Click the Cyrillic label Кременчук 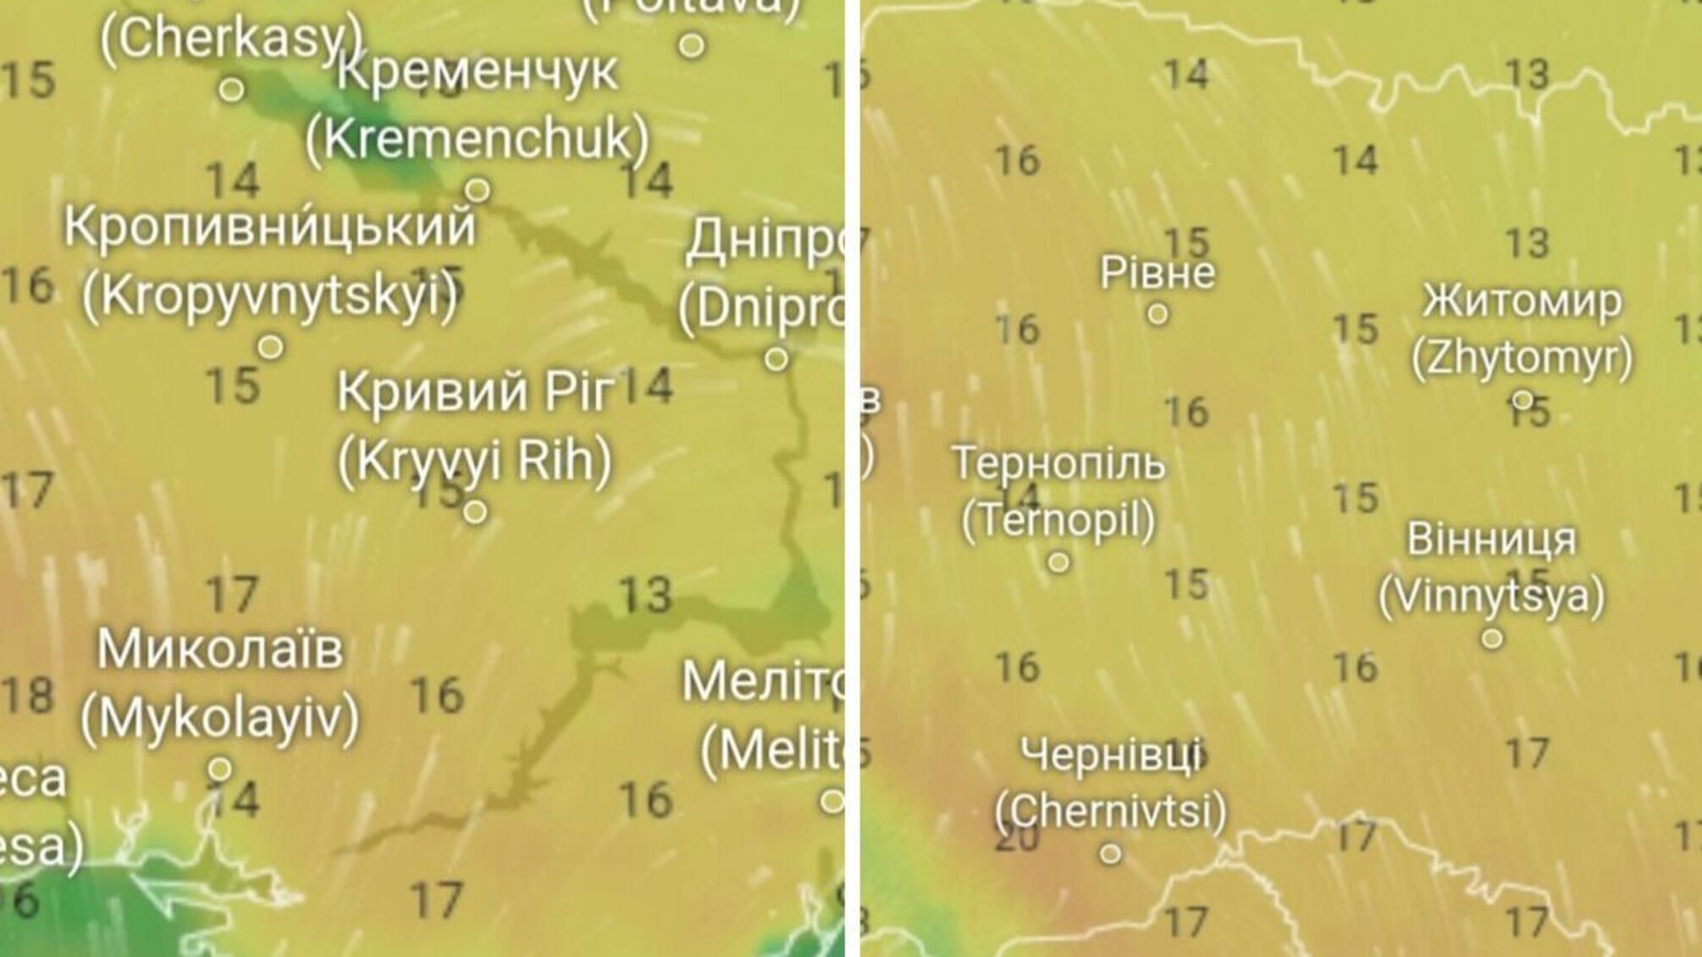(477, 73)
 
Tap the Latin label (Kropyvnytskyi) (270, 296)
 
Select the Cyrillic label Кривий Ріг (475, 392)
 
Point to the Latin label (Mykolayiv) (220, 718)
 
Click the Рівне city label (1157, 273)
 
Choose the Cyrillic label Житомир (1522, 301)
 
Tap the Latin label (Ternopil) (1058, 519)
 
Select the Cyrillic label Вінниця (1491, 539)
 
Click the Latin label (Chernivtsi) (1110, 810)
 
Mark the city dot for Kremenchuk (478, 189)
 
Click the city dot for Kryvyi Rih (475, 512)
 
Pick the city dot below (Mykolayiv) (220, 769)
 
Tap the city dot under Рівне (1158, 314)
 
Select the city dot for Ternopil (1058, 561)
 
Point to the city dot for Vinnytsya (1492, 638)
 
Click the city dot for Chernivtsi (1110, 853)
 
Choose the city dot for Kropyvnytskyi (270, 346)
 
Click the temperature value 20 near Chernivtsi (1018, 838)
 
